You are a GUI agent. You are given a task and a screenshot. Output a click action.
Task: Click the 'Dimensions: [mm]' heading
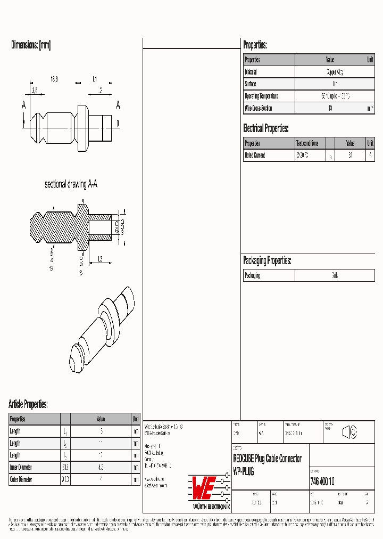tap(31, 45)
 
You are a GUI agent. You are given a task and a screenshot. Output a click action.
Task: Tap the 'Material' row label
tap(251, 72)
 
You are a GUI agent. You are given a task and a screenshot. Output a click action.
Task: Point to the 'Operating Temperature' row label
tap(261, 96)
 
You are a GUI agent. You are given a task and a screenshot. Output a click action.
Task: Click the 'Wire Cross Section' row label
tap(259, 108)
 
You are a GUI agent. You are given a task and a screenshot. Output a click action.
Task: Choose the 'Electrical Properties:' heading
tap(266, 128)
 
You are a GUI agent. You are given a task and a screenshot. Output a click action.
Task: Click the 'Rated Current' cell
tap(255, 156)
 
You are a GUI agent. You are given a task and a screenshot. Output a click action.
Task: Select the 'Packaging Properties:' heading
tap(267, 260)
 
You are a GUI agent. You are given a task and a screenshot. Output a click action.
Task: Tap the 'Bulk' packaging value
tap(335, 275)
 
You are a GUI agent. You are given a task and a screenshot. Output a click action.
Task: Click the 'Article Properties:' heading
tap(28, 404)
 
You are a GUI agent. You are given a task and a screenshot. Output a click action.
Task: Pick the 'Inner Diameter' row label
tap(21, 467)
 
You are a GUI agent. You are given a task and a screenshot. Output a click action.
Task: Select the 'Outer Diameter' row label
tap(21, 479)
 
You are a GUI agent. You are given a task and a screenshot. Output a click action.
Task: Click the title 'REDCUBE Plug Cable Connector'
tap(268, 459)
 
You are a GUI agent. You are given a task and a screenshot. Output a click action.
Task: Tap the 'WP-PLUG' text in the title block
tap(244, 472)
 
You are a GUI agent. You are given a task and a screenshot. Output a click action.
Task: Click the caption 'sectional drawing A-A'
tap(71, 184)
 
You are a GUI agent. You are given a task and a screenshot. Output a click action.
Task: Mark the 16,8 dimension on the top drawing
tap(54, 79)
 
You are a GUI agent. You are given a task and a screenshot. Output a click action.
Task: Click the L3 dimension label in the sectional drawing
tap(99, 259)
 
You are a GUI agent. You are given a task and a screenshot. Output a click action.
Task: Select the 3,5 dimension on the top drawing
tap(35, 91)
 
